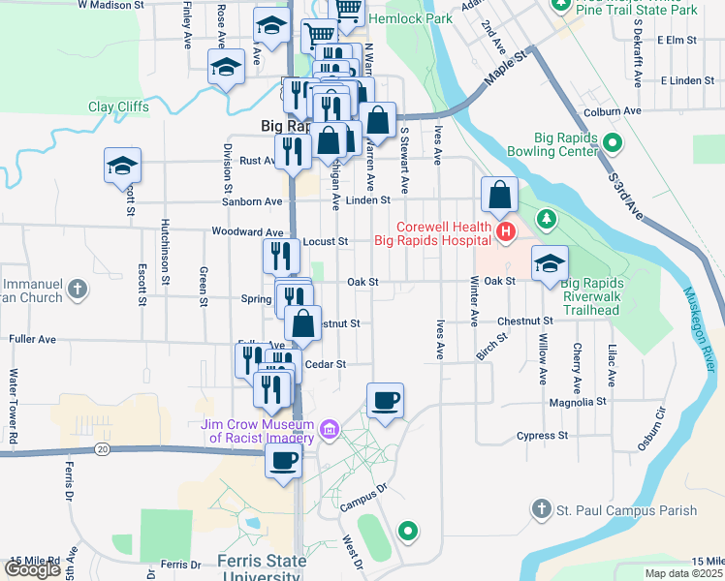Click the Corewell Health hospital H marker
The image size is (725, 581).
tap(505, 231)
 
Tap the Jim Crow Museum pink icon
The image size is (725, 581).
tap(330, 428)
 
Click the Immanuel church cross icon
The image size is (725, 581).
tap(79, 289)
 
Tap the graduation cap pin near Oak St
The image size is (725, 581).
tap(550, 263)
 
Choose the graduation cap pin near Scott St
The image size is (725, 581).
tap(123, 165)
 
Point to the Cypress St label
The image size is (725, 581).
tap(542, 436)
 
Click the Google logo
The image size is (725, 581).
tap(33, 569)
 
